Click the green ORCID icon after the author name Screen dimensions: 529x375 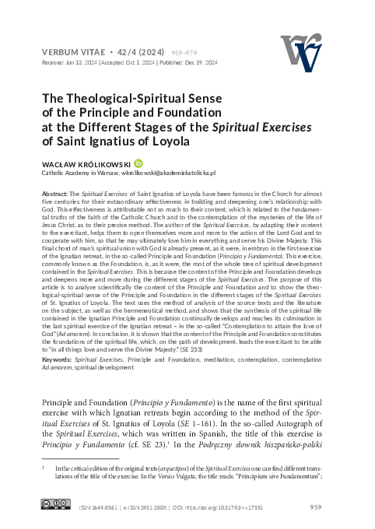[x=138, y=163]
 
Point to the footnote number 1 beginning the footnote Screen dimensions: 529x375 [x=43, y=470]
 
